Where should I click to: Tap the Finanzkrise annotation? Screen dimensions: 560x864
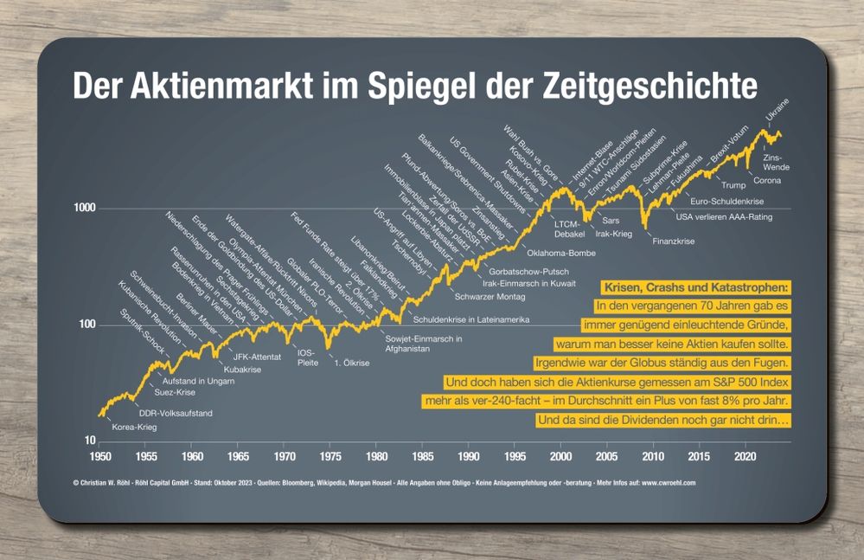(x=673, y=241)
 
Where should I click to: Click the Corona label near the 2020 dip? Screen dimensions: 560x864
(x=767, y=180)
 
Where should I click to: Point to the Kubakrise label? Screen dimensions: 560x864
(x=242, y=370)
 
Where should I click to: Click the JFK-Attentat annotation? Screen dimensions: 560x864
(x=258, y=357)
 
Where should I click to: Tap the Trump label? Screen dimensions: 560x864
(x=733, y=185)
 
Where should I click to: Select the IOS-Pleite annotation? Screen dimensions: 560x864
(x=307, y=357)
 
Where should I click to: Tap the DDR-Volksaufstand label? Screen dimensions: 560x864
(x=176, y=413)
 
